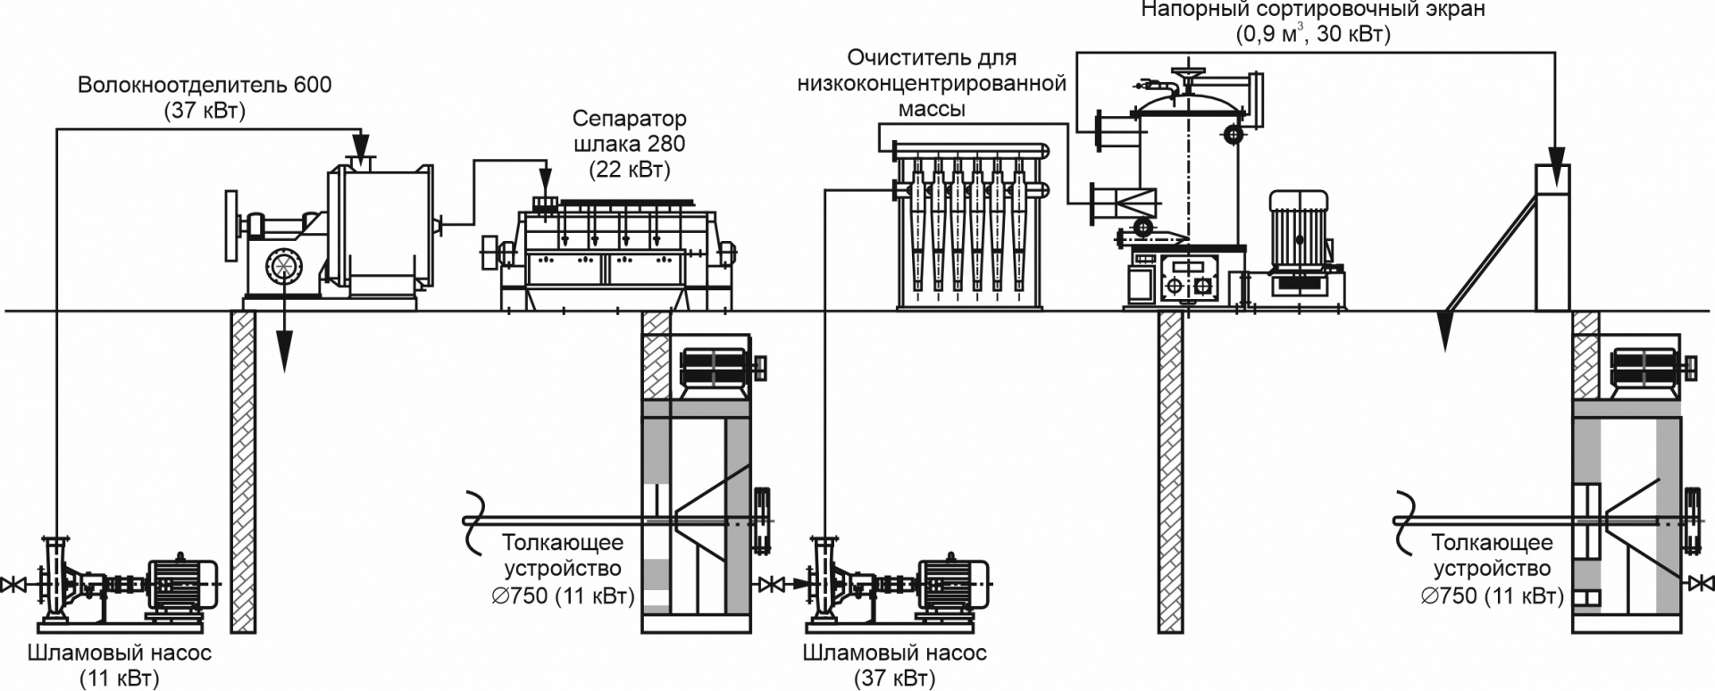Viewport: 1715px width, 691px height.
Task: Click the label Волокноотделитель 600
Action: pos(204,86)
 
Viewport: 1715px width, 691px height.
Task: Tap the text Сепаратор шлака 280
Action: pos(629,130)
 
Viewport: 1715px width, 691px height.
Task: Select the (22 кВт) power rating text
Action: pos(629,169)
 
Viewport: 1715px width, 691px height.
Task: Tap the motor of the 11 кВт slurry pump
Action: pos(183,585)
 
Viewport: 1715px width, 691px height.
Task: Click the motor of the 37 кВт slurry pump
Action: pos(952,585)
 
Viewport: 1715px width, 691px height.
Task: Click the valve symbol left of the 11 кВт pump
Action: pos(13,586)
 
